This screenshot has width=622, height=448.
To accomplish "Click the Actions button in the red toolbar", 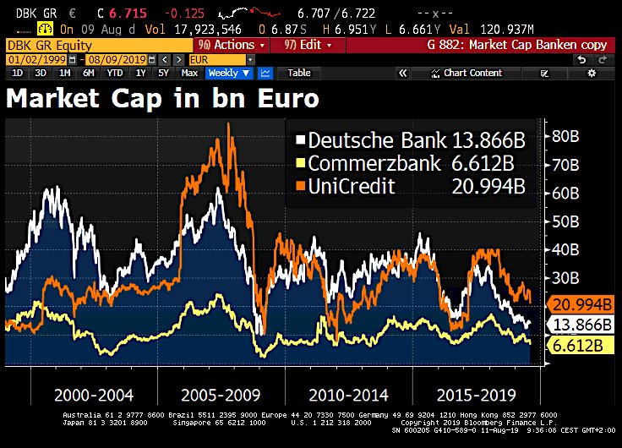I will [x=227, y=45].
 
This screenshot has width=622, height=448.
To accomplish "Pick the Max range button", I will [x=189, y=74].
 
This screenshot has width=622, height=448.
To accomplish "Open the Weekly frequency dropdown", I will [x=229, y=74].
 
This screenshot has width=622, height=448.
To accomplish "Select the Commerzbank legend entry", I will [x=401, y=163].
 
